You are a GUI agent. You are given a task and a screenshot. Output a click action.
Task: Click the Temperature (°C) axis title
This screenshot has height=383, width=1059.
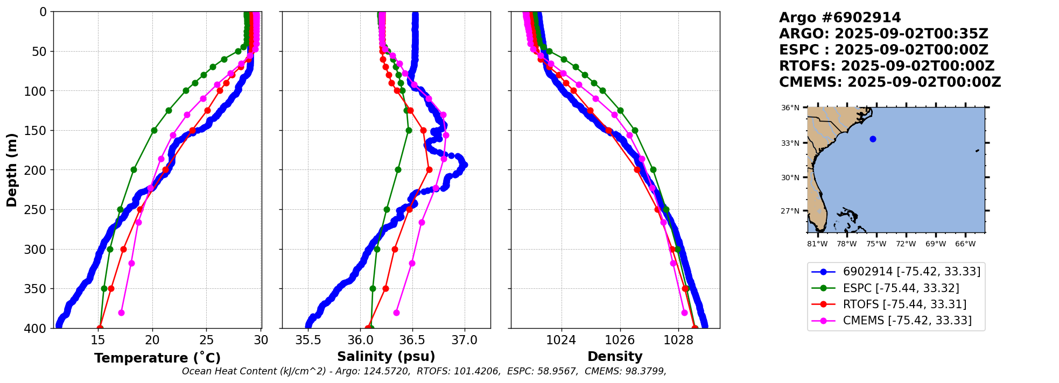click(157, 358)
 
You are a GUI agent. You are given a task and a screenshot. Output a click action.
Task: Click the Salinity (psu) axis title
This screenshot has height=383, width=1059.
click(386, 357)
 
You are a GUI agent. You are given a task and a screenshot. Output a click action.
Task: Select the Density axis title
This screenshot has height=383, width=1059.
click(615, 357)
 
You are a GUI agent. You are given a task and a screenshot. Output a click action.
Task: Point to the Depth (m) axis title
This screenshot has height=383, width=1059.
click(12, 170)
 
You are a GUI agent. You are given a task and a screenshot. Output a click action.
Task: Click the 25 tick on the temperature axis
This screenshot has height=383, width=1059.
click(207, 340)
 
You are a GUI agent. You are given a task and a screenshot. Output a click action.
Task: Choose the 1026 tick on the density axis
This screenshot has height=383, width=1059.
click(620, 340)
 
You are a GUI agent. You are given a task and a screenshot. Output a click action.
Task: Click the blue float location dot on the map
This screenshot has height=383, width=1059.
click(873, 139)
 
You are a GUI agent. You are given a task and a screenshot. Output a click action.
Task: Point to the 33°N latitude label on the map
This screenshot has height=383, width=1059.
click(790, 143)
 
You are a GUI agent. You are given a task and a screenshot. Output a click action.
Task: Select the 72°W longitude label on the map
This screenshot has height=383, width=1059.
click(906, 244)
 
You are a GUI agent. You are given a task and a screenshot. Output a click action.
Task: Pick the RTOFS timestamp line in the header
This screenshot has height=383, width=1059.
click(887, 66)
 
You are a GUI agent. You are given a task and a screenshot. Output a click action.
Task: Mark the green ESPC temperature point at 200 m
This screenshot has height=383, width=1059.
click(134, 170)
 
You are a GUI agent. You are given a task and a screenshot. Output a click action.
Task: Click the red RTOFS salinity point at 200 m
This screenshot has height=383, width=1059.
click(429, 170)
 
